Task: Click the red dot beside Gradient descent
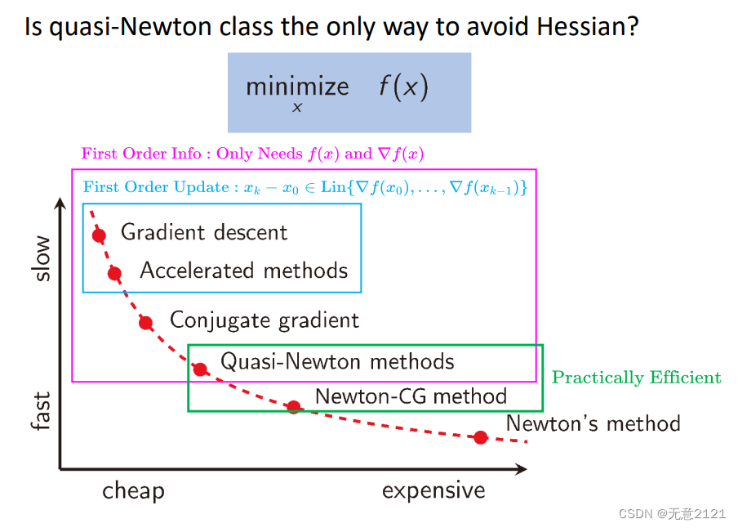[99, 235]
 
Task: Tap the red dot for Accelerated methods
[114, 272]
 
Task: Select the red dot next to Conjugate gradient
[146, 323]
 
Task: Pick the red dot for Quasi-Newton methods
[200, 369]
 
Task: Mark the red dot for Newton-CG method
[294, 406]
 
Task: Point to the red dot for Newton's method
[481, 437]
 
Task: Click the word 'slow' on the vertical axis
[42, 258]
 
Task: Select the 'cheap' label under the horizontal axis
[134, 491]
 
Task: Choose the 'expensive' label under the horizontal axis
[433, 490]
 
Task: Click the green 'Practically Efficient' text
[636, 378]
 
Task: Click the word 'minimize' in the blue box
[297, 87]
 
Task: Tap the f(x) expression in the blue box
[404, 87]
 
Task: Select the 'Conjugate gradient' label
[264, 320]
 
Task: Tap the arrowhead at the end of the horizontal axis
[522, 469]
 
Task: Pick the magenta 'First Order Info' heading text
[141, 153]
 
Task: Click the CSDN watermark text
[672, 513]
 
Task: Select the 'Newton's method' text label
[593, 423]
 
